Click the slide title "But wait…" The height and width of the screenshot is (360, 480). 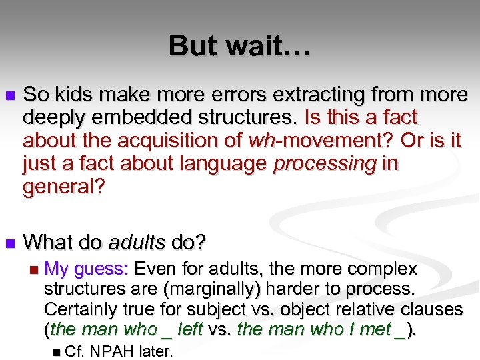[239, 46]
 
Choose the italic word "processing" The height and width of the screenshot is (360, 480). [324, 164]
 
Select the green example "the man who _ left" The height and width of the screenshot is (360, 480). [126, 329]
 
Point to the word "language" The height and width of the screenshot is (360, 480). [227, 164]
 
